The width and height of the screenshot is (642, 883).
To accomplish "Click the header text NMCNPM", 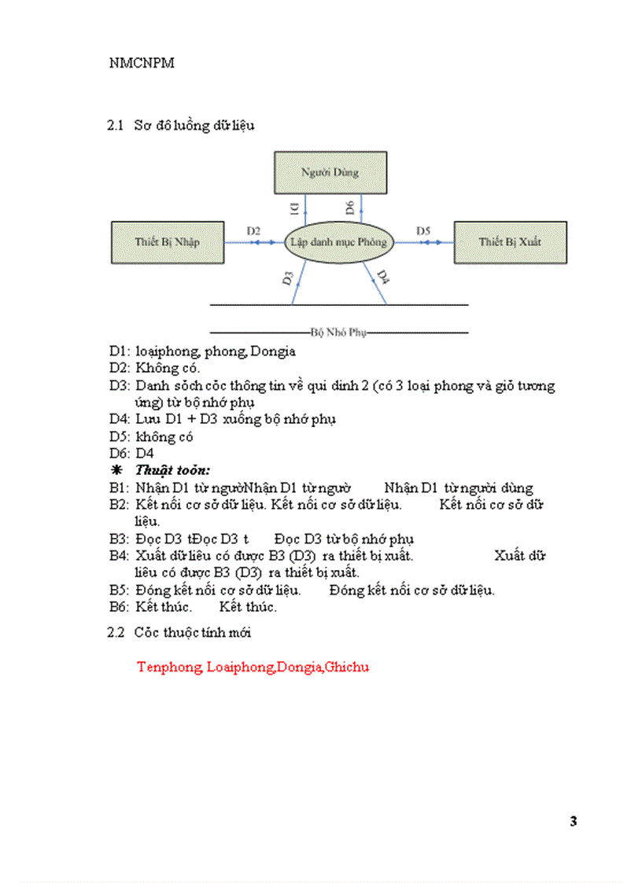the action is (x=142, y=64).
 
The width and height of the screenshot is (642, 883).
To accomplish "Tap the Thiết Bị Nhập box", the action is (x=166, y=242).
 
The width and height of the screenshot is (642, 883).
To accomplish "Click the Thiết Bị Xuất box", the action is (x=510, y=242).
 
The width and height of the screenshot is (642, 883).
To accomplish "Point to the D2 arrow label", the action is (x=253, y=231).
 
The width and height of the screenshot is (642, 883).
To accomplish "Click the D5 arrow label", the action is (x=423, y=231).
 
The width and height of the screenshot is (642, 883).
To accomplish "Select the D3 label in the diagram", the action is (x=288, y=278).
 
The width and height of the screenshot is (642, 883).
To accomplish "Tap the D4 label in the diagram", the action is (x=382, y=277).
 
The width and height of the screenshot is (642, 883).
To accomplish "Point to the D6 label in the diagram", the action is (x=352, y=208).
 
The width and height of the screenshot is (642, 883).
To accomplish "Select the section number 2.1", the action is (x=116, y=126).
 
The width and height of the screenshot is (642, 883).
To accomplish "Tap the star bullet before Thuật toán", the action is (x=116, y=470).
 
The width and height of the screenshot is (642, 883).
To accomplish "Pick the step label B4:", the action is (x=118, y=556).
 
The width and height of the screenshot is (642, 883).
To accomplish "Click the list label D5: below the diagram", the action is (x=118, y=436).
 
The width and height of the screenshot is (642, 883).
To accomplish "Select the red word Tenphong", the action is (x=169, y=668).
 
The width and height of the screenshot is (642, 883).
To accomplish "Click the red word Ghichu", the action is (x=348, y=668).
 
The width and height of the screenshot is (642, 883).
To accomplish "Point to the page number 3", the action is (x=574, y=822).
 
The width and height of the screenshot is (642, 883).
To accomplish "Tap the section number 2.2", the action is (x=116, y=632).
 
